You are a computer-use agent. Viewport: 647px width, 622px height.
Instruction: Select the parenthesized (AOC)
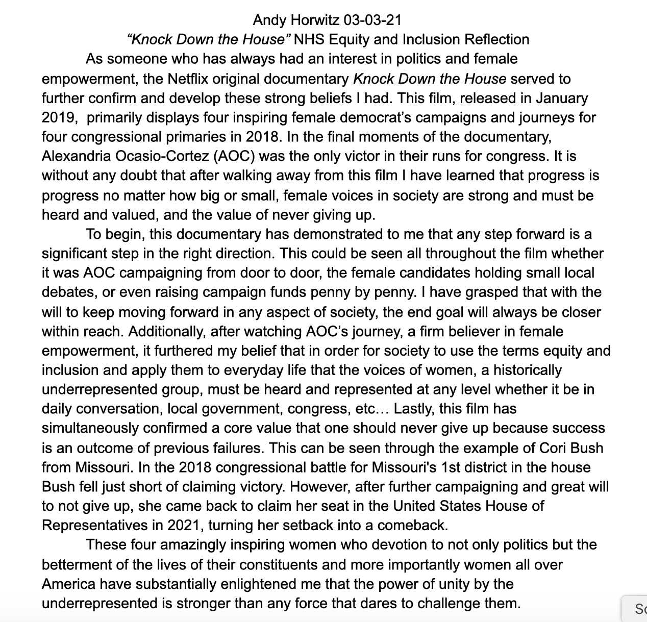231,156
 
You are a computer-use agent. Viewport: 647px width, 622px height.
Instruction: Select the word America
68,584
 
